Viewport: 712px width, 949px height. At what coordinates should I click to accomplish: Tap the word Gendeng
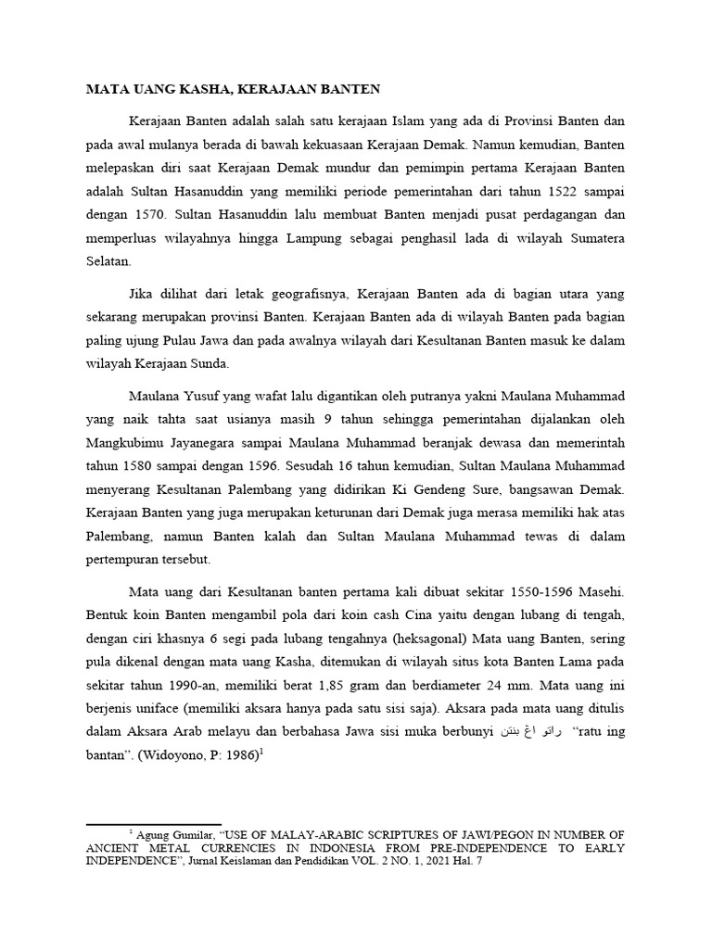[471, 488]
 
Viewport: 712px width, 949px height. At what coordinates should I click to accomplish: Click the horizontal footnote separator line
[153, 824]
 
